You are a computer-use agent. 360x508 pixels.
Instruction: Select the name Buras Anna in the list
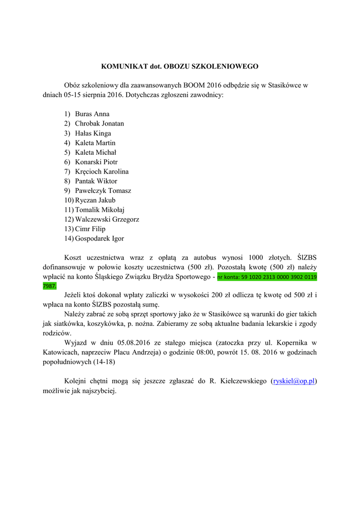[x=92, y=114]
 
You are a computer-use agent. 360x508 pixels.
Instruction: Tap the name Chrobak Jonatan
[x=99, y=124]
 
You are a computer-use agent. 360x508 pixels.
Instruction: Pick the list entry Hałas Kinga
[x=93, y=133]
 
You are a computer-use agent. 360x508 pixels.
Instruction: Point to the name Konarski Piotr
[x=96, y=162]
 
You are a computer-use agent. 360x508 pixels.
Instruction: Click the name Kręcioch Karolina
[x=102, y=172]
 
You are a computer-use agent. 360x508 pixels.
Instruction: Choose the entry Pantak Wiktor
[x=96, y=181]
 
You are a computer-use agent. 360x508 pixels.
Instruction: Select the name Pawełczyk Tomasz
[x=103, y=191]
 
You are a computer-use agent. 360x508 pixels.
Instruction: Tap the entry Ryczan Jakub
[x=95, y=200]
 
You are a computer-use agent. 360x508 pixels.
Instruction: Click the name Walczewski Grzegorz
[x=107, y=219]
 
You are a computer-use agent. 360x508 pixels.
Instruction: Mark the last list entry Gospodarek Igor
[x=99, y=239]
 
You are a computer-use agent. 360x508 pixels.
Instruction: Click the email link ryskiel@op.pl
[x=294, y=381]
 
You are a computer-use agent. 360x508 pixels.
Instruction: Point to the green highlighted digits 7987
[x=50, y=286]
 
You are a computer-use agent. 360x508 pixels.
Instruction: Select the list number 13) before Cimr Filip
[x=69, y=229]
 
